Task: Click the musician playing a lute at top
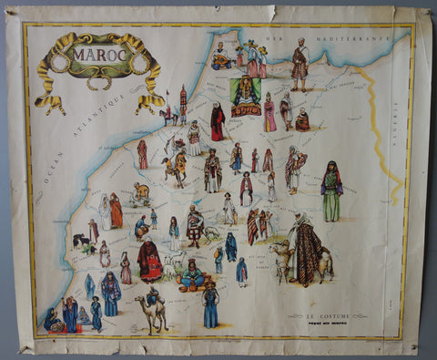pos(221,58)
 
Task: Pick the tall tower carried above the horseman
pos(182,100)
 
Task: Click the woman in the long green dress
pos(330,191)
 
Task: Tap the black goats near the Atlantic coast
pos(84,242)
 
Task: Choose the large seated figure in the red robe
pos(149,262)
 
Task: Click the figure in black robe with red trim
pos(218,121)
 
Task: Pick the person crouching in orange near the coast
pos(140,193)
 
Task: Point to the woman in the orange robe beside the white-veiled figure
pos(116,211)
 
